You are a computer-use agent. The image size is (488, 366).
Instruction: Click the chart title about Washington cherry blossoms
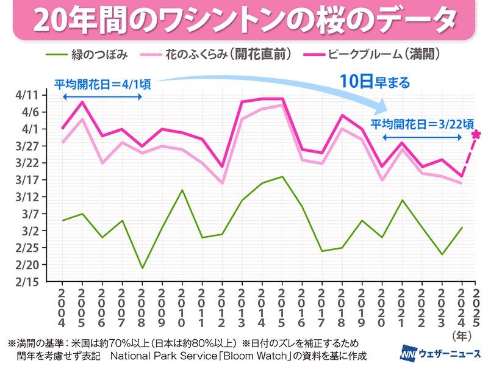(244, 21)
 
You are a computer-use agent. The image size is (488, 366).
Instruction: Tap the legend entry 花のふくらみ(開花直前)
(229, 55)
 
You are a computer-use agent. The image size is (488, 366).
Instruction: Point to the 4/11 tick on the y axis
(26, 95)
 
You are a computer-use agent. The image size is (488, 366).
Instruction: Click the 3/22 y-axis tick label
(26, 163)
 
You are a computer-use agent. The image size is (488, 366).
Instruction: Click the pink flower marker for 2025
(476, 135)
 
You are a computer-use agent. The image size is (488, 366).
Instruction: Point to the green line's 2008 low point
(142, 268)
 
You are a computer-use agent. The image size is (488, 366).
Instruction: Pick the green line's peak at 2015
(281, 177)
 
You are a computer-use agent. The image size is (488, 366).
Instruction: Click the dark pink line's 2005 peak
(82, 102)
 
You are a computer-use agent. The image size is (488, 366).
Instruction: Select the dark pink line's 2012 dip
(221, 167)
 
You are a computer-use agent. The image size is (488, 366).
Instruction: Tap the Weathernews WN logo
(408, 353)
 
